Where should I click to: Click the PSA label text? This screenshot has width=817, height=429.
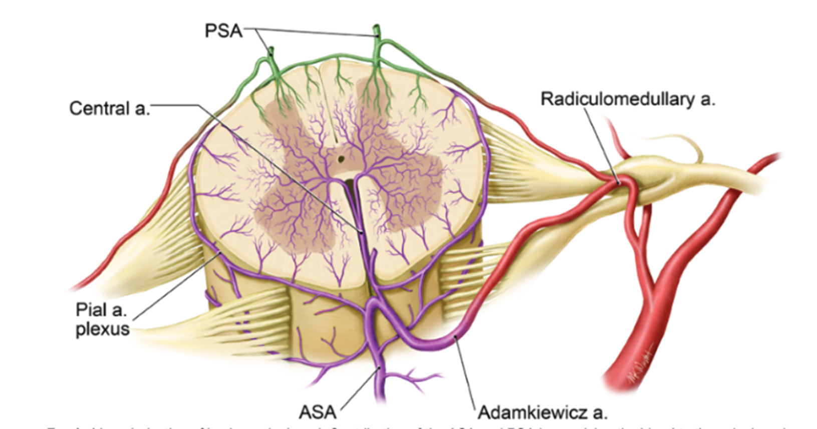223,31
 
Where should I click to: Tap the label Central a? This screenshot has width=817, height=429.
109,108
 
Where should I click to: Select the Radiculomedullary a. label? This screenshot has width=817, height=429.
628,99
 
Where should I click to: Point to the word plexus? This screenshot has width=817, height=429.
102,329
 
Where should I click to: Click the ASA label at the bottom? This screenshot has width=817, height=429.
317,412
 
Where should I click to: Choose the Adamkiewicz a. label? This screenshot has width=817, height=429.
542,412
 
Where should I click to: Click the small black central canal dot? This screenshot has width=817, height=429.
341,160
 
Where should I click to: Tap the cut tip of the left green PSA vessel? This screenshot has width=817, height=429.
271,50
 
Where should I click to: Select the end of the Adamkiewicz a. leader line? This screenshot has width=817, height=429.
455,337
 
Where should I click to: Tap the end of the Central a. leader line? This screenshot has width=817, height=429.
363,232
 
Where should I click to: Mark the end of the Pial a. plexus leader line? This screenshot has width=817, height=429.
221,253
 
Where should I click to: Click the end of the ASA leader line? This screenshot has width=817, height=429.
380,368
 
